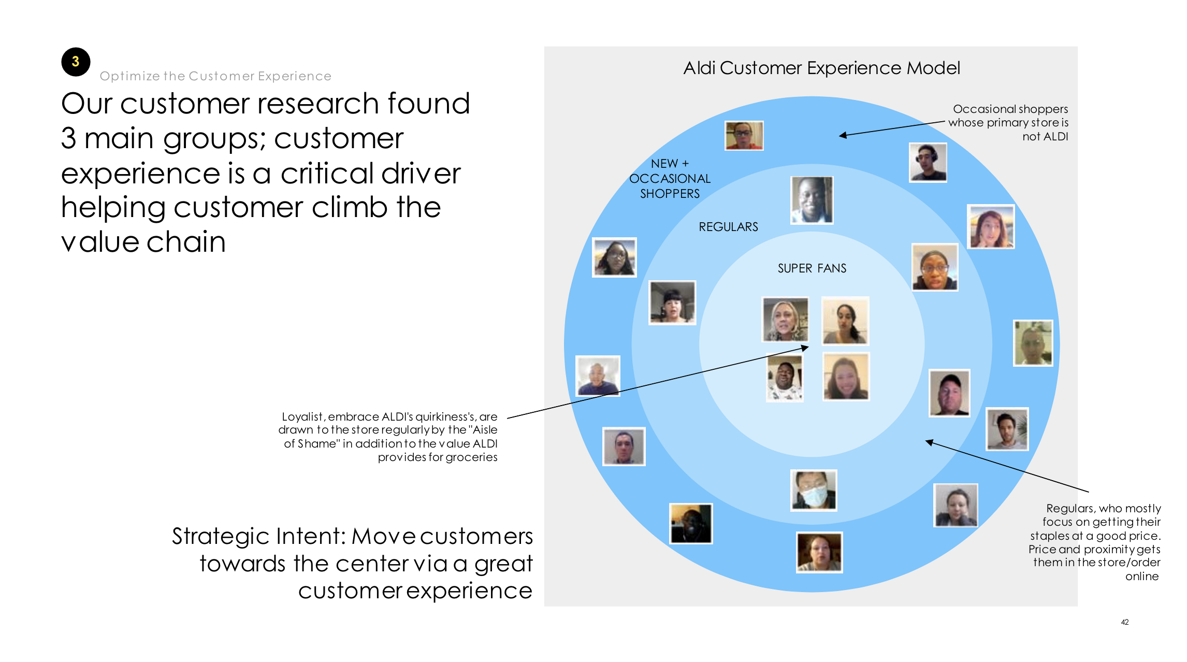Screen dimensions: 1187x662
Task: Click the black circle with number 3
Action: (x=76, y=62)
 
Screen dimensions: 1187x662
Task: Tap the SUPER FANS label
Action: (x=812, y=268)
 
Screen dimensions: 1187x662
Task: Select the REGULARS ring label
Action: (x=728, y=227)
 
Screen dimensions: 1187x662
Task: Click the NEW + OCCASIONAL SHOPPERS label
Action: (x=670, y=179)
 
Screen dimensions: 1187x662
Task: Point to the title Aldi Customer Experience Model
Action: (x=822, y=68)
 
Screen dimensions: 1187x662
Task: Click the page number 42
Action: (x=1125, y=622)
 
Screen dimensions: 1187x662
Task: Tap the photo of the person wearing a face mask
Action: (x=814, y=490)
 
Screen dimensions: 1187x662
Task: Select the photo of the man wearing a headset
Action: (x=928, y=163)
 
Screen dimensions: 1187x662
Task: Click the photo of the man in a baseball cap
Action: (x=949, y=393)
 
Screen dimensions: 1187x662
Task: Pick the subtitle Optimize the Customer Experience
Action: (x=215, y=76)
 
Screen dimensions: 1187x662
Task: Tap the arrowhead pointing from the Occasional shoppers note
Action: (x=843, y=135)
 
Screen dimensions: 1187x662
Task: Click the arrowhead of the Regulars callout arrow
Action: (x=930, y=442)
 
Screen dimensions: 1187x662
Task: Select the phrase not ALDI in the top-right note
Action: (x=1045, y=136)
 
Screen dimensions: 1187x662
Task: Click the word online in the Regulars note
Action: (x=1142, y=576)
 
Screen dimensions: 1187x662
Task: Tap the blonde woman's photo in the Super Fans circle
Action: (x=785, y=319)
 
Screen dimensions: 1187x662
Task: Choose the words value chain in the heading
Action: (x=143, y=242)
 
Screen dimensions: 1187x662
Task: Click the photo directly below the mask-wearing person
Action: (x=819, y=552)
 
